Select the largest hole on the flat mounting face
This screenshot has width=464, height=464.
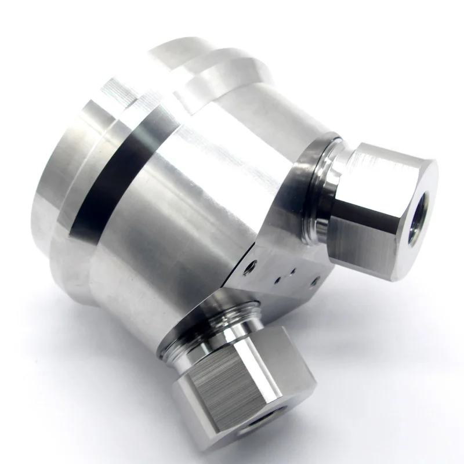click(x=250, y=266)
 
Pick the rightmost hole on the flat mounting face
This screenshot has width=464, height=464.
click(x=314, y=281)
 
